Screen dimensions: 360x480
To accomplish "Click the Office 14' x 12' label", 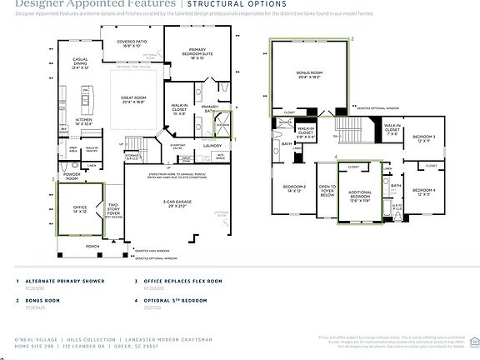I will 80,210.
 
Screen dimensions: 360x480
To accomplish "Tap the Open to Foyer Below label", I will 327,191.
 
